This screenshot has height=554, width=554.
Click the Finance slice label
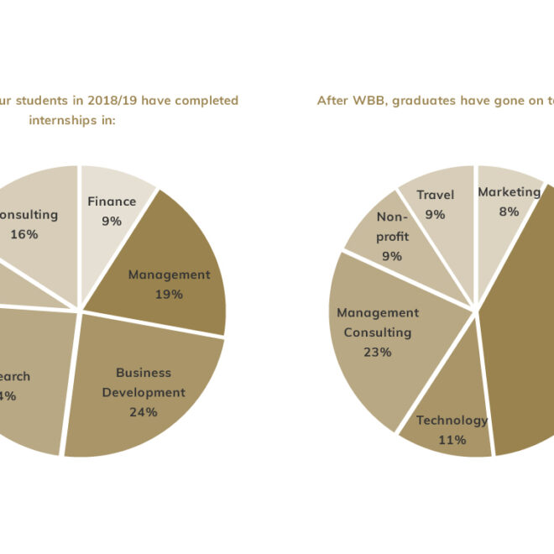pyautogui.click(x=112, y=201)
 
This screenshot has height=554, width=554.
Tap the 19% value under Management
pyautogui.click(x=169, y=295)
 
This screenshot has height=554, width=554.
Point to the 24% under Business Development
pyautogui.click(x=144, y=412)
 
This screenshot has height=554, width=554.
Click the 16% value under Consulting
pyautogui.click(x=24, y=234)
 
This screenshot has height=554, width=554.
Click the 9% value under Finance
pyautogui.click(x=112, y=222)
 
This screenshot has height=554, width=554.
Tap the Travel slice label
pyautogui.click(x=435, y=195)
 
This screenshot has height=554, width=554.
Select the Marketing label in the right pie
pyautogui.click(x=509, y=192)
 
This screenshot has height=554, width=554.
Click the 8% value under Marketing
pyautogui.click(x=509, y=212)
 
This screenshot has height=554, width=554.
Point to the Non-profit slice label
pyautogui.click(x=392, y=227)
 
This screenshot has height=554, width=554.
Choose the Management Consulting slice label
pyautogui.click(x=378, y=322)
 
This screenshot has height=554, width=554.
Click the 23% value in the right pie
pyautogui.click(x=378, y=353)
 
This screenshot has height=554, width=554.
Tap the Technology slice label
pyautogui.click(x=452, y=421)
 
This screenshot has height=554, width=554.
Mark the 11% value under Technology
pyautogui.click(x=452, y=441)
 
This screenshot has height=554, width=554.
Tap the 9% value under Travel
pyautogui.click(x=435, y=215)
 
